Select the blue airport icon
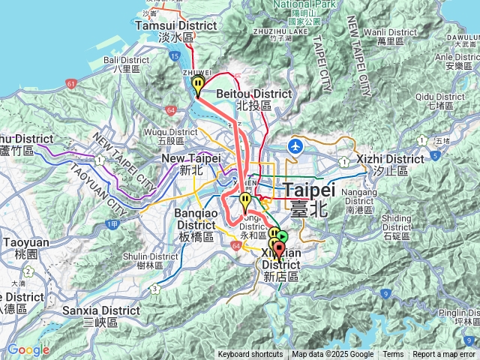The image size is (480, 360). pyautogui.click(x=296, y=145)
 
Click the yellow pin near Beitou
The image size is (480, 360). pyautogui.click(x=198, y=85)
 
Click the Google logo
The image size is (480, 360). pyautogui.click(x=28, y=349)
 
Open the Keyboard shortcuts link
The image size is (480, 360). pyautogui.click(x=250, y=355)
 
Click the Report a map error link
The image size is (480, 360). pyautogui.click(x=444, y=355)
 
